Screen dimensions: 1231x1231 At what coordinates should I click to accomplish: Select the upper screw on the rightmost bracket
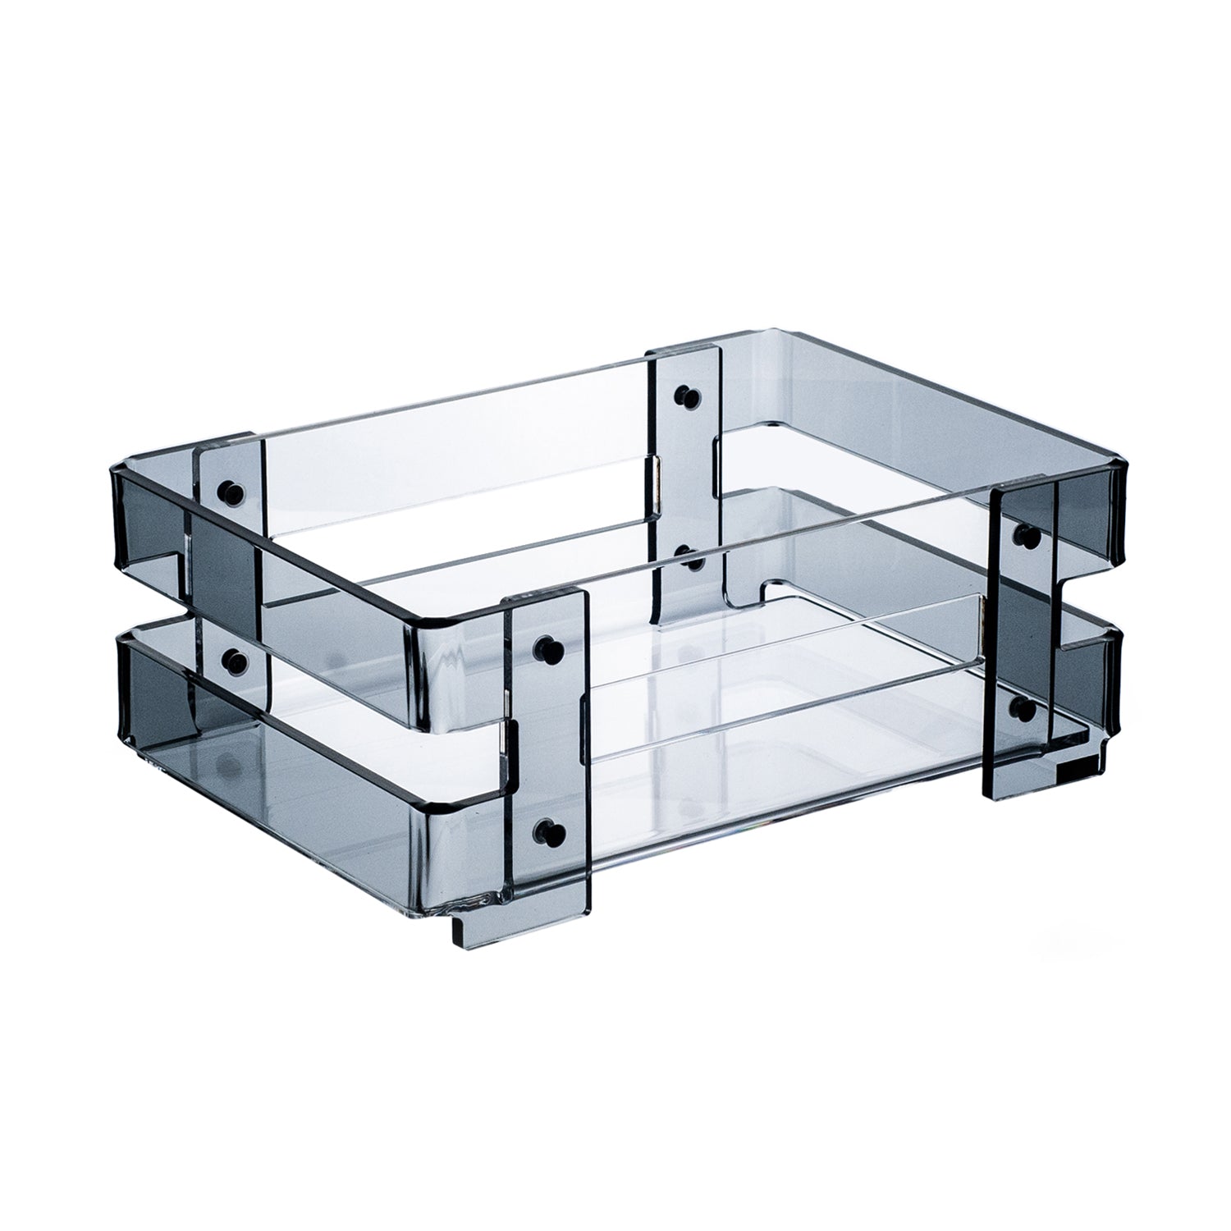click(1026, 536)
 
